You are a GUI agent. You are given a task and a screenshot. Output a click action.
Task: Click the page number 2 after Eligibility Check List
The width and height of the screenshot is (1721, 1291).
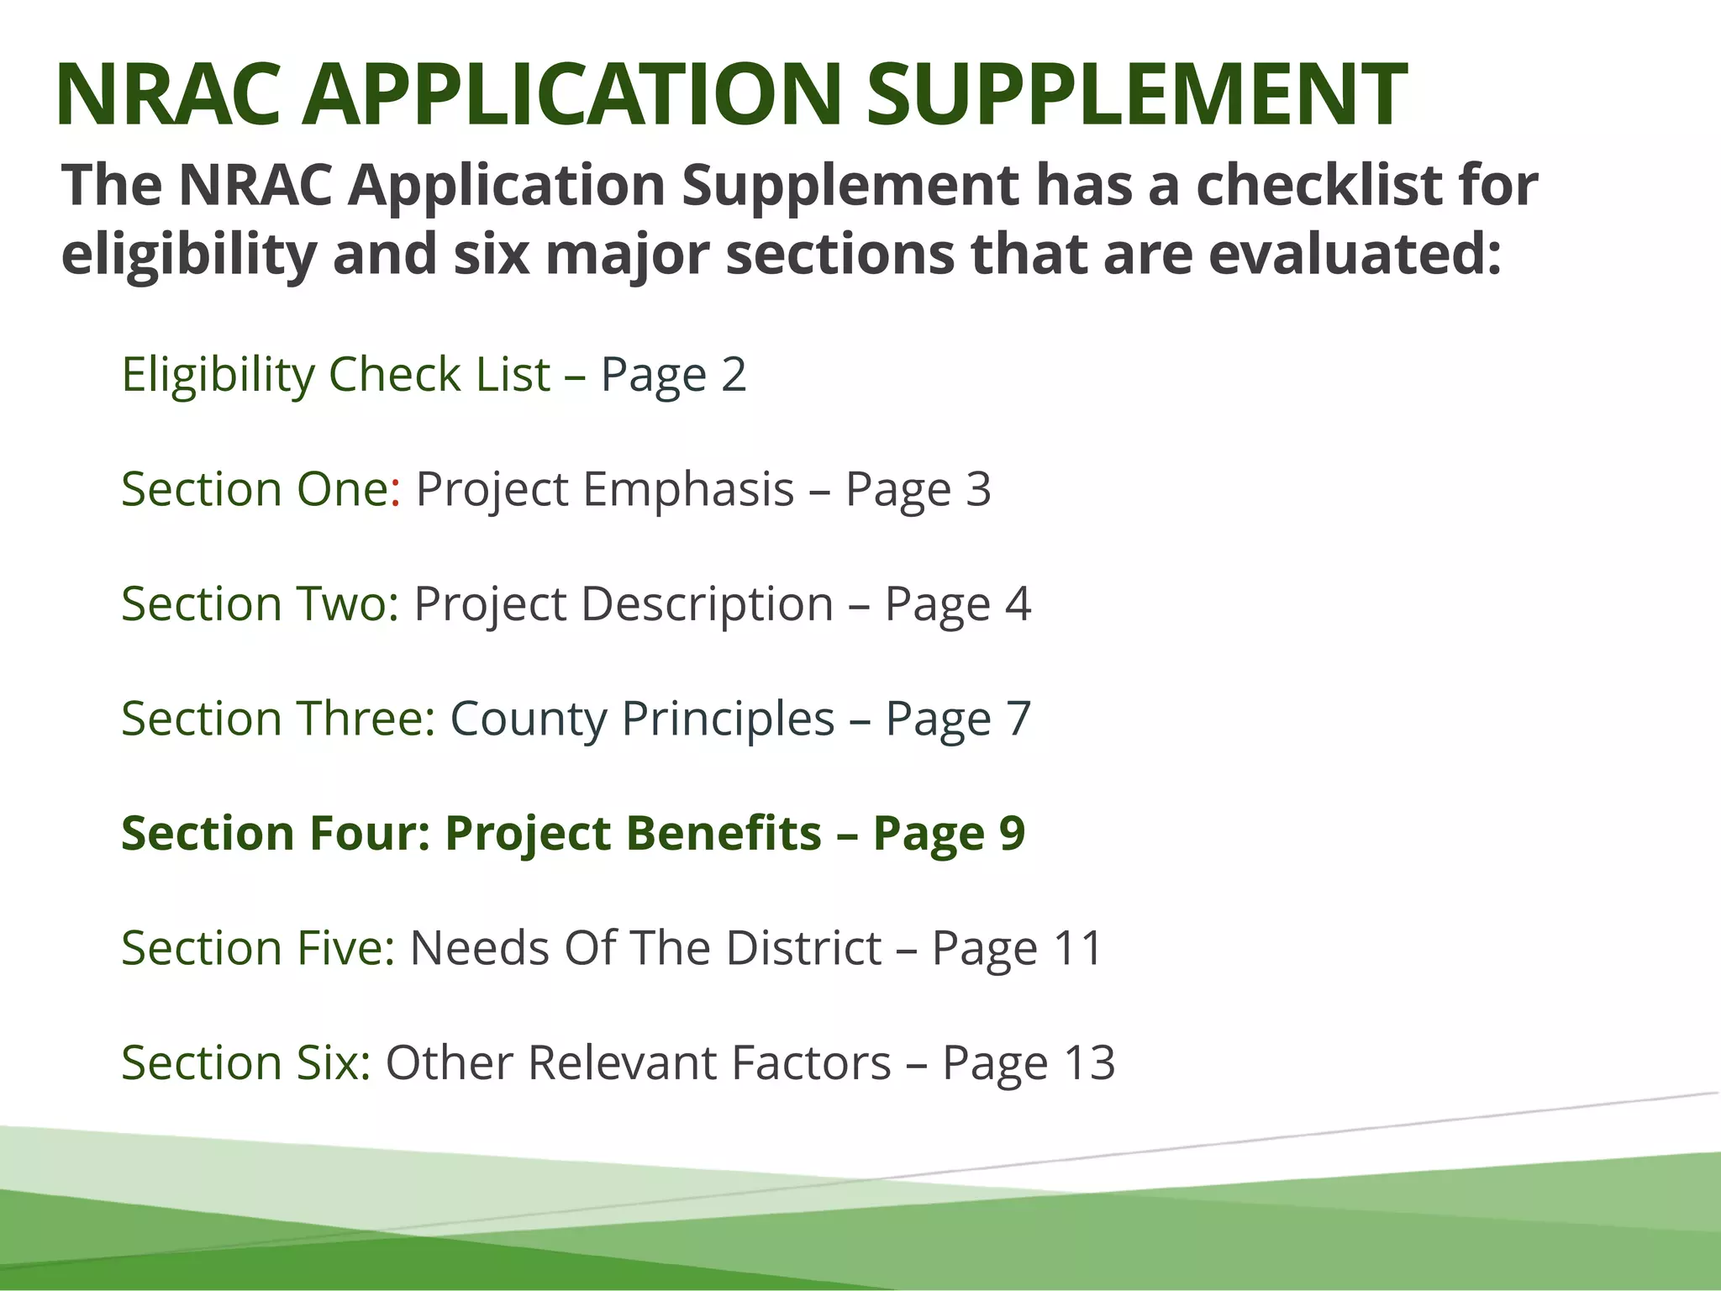pos(734,375)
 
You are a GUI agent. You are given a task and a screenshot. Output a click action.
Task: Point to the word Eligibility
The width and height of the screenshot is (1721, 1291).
pos(218,375)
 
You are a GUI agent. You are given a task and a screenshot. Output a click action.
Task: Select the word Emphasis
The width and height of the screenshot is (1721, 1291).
pos(688,489)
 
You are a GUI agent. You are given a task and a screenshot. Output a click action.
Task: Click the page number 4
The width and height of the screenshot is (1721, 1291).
pos(1018,604)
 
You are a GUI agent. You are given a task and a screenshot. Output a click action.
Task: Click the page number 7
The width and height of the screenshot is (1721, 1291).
pos(1018,719)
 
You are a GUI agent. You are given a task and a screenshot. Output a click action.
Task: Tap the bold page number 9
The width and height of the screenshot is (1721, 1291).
pos(1012,834)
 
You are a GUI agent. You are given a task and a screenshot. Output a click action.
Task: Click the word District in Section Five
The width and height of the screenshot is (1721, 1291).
pos(803,948)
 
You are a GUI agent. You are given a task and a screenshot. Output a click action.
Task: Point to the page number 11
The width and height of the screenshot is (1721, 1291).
pos(1077,948)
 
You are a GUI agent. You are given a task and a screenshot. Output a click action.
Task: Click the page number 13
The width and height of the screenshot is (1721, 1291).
pos(1089,1063)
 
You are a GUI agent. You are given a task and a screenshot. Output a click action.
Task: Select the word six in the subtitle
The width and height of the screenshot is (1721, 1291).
pos(492,254)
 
